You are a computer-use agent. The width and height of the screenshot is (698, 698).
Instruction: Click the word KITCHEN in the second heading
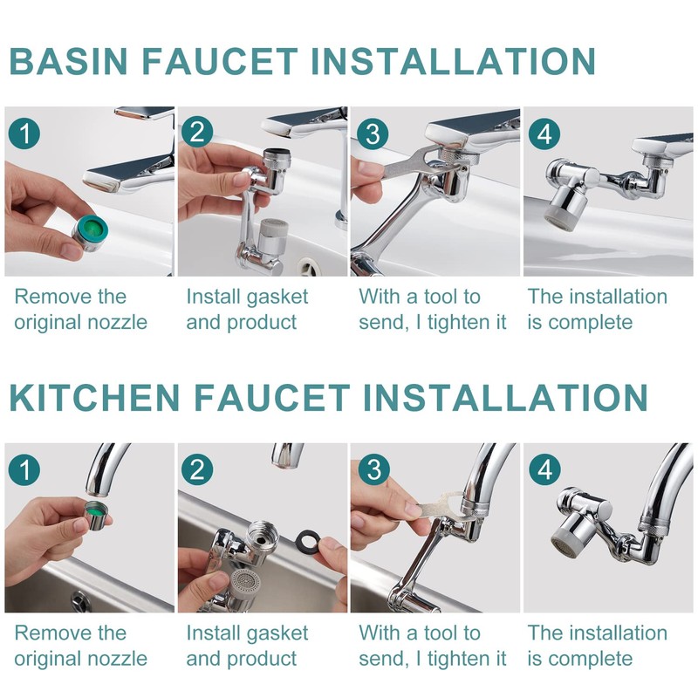[94, 397]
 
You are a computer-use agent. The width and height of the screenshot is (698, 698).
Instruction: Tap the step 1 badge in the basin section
[24, 133]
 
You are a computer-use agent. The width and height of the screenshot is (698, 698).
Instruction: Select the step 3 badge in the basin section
[373, 133]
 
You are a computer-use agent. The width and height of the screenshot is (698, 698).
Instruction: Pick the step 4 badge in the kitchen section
[544, 469]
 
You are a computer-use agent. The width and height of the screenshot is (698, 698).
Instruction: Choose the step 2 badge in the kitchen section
[198, 469]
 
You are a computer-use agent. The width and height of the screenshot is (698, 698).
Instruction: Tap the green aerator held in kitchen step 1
[96, 516]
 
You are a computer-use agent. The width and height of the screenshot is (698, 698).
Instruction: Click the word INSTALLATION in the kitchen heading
[505, 397]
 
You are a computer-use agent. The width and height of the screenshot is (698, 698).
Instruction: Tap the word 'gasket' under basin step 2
[278, 298]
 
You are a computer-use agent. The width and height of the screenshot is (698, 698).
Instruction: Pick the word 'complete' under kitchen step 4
[591, 659]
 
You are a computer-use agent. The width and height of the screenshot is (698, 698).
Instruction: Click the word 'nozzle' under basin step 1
[119, 322]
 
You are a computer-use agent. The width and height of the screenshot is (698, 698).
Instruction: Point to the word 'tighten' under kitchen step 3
[459, 659]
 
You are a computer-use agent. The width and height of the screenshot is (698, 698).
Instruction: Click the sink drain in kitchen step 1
[80, 601]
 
